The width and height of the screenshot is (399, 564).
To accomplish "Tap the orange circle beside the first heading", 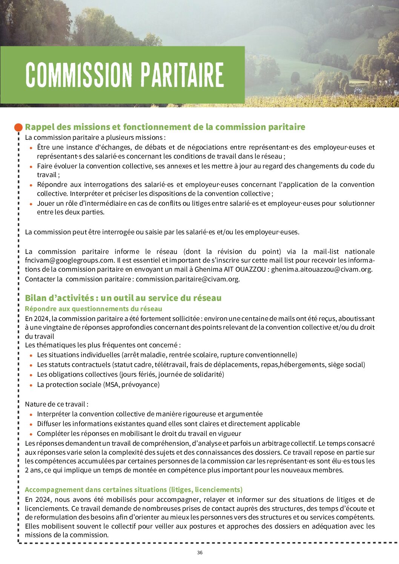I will [18, 127].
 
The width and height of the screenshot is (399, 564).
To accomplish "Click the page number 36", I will [199, 553].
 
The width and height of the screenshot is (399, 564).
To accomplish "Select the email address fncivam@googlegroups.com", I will [69, 260].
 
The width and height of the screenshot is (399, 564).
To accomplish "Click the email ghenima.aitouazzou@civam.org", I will [321, 269].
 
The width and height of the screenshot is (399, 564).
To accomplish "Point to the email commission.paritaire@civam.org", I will [187, 279].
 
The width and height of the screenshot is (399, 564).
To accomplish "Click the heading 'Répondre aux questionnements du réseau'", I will [94, 309].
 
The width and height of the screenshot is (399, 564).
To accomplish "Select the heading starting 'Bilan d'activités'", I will [123, 298].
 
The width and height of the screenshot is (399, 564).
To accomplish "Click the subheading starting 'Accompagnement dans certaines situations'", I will [134, 489].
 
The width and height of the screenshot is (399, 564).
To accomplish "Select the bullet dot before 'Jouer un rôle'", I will [31, 204].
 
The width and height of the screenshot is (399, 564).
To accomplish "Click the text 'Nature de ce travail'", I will [57, 404].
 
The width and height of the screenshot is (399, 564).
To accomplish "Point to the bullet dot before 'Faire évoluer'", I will [31, 167].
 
